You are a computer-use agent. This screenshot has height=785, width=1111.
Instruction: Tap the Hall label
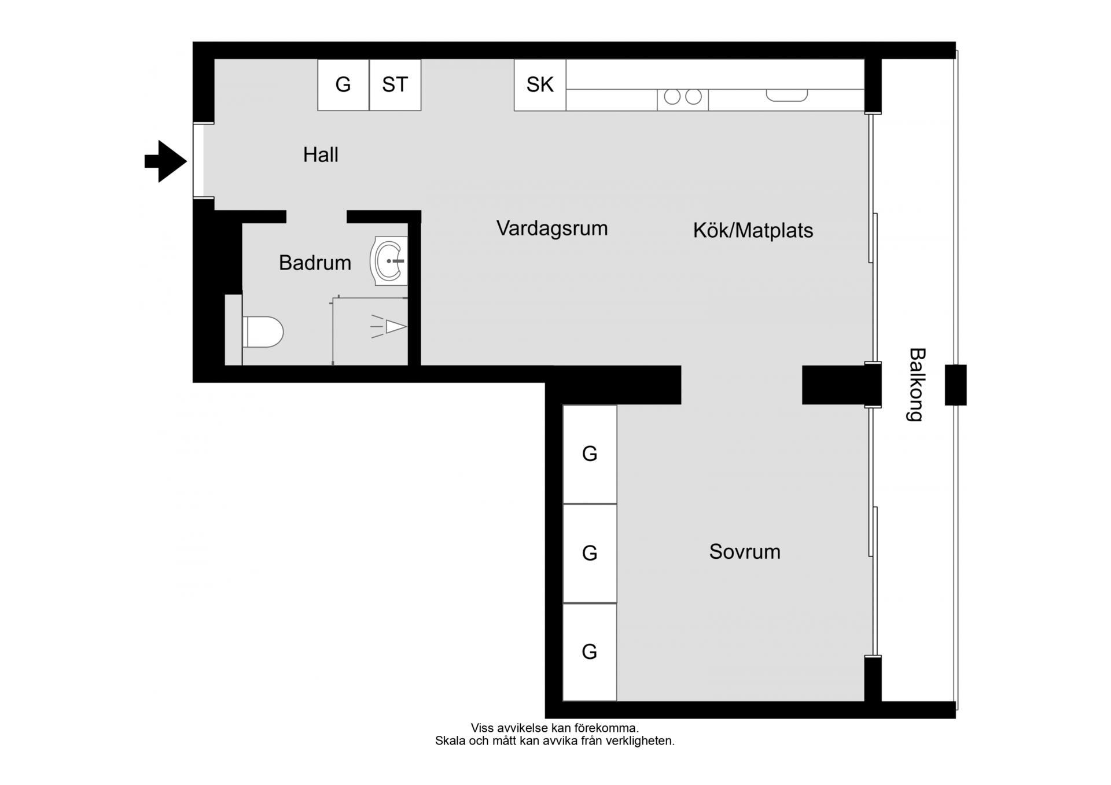[321, 155]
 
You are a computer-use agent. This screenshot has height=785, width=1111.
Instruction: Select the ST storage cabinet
[395, 85]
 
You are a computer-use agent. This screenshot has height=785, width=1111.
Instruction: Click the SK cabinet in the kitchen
[540, 85]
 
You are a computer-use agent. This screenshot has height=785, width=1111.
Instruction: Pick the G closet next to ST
[343, 85]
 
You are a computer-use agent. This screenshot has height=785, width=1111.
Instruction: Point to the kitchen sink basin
[787, 95]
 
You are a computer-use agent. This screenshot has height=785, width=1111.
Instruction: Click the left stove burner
[672, 97]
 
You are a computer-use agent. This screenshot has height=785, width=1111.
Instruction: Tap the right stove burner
[693, 97]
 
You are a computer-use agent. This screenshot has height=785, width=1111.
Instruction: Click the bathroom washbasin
[389, 261]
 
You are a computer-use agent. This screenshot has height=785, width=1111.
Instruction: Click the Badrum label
[315, 263]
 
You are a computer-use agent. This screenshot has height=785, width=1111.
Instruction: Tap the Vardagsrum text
[552, 229]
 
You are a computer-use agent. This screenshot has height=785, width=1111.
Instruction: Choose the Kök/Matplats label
[753, 231]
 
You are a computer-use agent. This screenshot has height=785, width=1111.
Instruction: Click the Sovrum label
[745, 552]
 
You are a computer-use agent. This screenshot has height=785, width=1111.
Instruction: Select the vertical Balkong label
[917, 385]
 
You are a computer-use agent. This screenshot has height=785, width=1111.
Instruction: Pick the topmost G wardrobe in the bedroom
[590, 454]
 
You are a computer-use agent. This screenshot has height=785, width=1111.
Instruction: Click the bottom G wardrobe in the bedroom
[590, 652]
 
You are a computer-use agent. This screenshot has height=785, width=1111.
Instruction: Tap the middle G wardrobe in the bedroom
[590, 554]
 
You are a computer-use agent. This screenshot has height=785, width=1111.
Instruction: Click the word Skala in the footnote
[450, 741]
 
